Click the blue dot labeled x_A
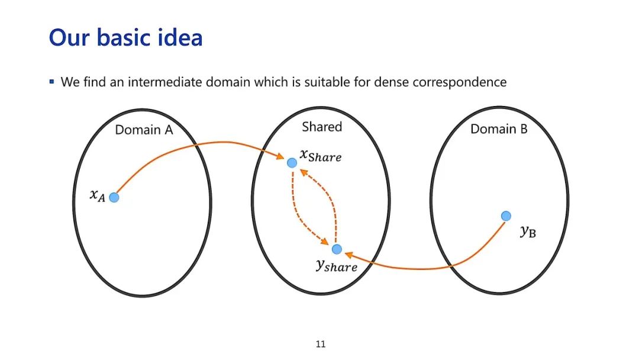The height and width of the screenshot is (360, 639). pyautogui.click(x=114, y=197)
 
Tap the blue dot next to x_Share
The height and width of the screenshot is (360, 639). pyautogui.click(x=292, y=162)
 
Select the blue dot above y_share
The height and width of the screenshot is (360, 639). pyautogui.click(x=337, y=249)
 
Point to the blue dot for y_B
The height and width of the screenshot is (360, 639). pyautogui.click(x=506, y=216)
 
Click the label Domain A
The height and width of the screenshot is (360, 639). pyautogui.click(x=144, y=130)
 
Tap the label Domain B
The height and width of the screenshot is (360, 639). pyautogui.click(x=499, y=128)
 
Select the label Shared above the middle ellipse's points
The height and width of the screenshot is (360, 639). pyautogui.click(x=322, y=126)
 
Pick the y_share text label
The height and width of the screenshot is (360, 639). pyautogui.click(x=336, y=266)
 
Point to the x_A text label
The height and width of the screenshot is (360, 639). pyautogui.click(x=98, y=195)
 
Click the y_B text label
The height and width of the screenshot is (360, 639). pyautogui.click(x=528, y=232)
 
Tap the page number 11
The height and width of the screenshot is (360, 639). pyautogui.click(x=321, y=344)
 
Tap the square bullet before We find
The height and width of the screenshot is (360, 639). pyautogui.click(x=52, y=81)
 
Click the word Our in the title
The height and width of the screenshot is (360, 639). pyautogui.click(x=66, y=38)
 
